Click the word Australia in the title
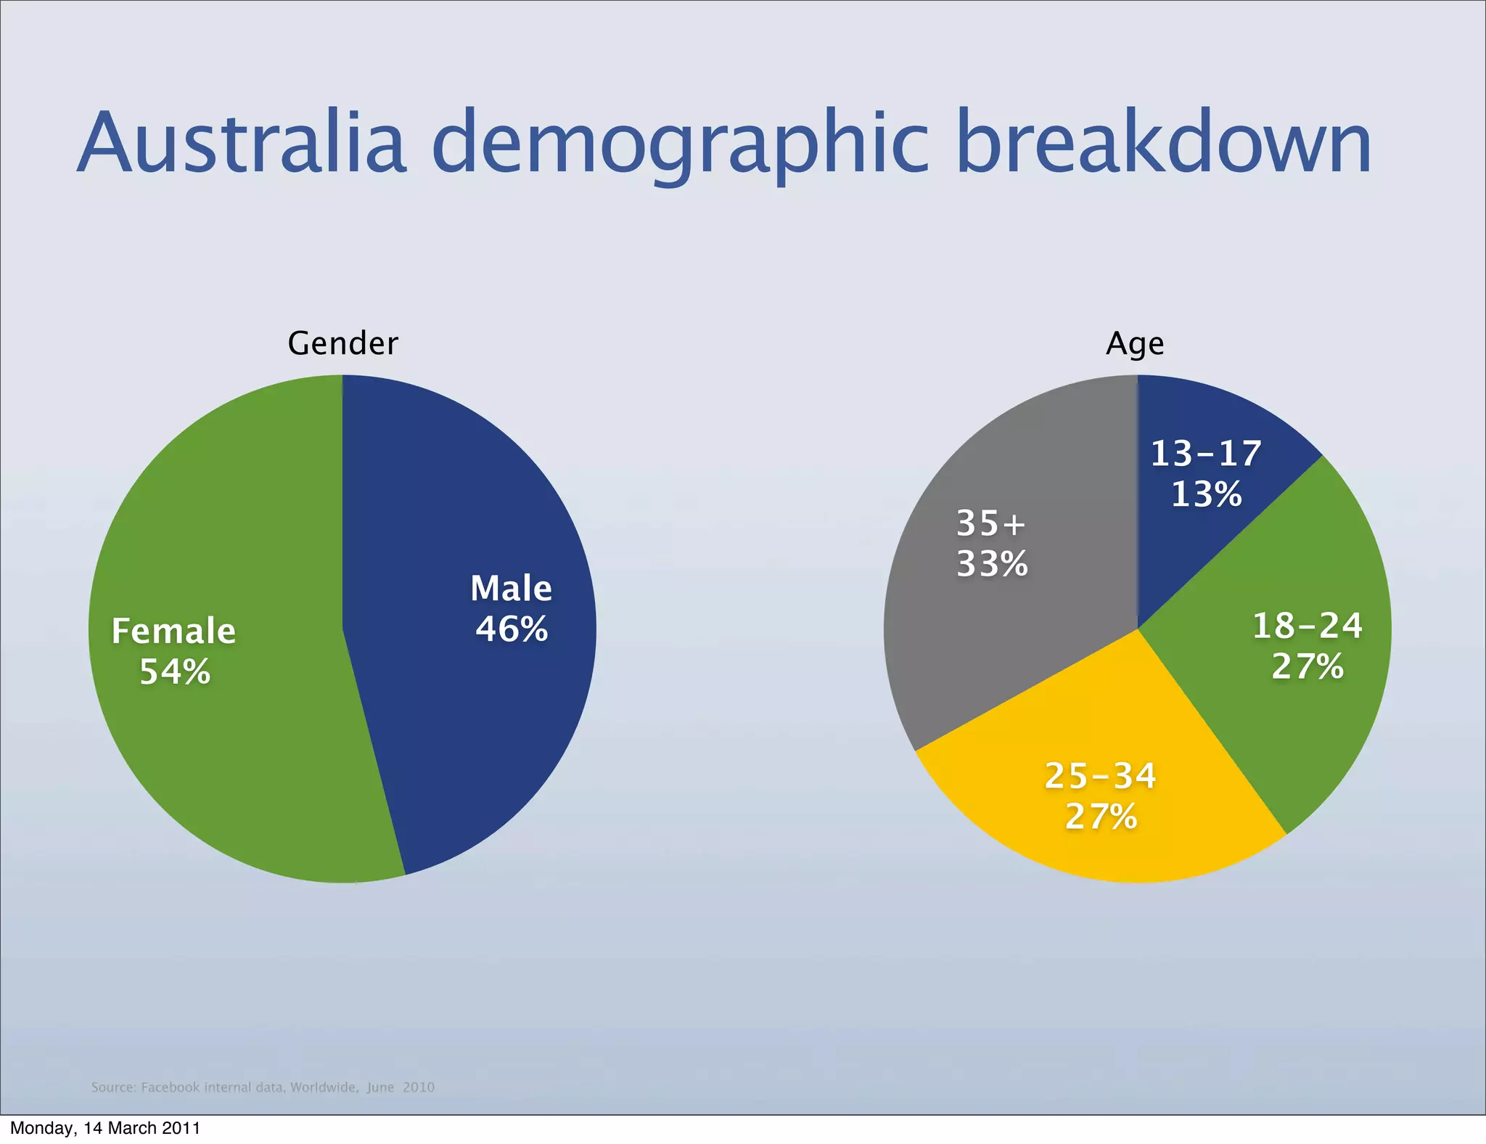[241, 143]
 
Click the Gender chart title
[342, 343]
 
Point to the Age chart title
[1135, 343]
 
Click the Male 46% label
[512, 608]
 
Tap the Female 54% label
[174, 650]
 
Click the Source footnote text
[263, 1087]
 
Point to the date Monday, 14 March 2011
[105, 1128]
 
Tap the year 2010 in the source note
[419, 1087]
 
